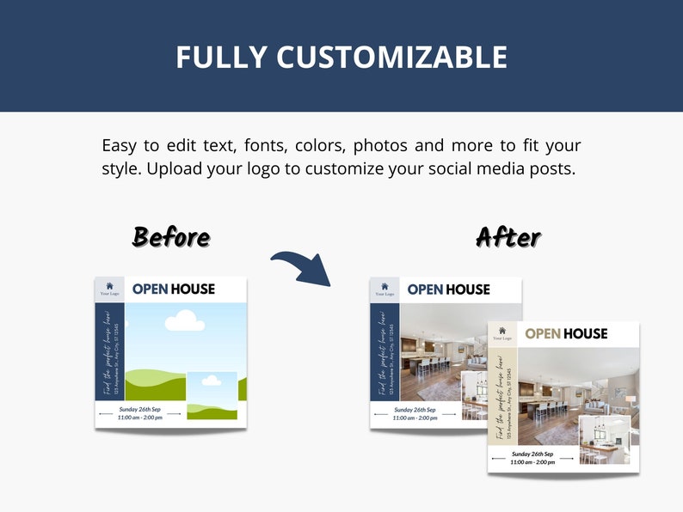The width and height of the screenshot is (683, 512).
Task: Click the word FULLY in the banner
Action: coord(221,58)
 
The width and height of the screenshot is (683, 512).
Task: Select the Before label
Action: coord(170,236)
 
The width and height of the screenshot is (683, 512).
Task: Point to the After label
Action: coord(508,236)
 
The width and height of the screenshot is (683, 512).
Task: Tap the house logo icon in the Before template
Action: coord(109,287)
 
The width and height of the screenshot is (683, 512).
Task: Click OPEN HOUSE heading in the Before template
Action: coord(174,290)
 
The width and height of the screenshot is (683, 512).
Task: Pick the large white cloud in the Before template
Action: coord(184,321)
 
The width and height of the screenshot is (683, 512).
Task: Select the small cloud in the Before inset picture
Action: coord(212,380)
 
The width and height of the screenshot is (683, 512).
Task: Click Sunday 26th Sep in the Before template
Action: coord(140,409)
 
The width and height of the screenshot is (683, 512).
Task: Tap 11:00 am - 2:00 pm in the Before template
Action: coord(140,418)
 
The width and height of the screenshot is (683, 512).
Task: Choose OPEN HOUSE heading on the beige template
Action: coord(566,333)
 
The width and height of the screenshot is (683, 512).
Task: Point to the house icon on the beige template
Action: coord(501,330)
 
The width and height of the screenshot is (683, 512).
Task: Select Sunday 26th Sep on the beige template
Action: coord(532,454)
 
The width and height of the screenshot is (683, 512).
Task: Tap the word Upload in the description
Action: coord(175,168)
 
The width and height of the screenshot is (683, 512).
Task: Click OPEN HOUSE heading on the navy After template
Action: coord(448,290)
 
